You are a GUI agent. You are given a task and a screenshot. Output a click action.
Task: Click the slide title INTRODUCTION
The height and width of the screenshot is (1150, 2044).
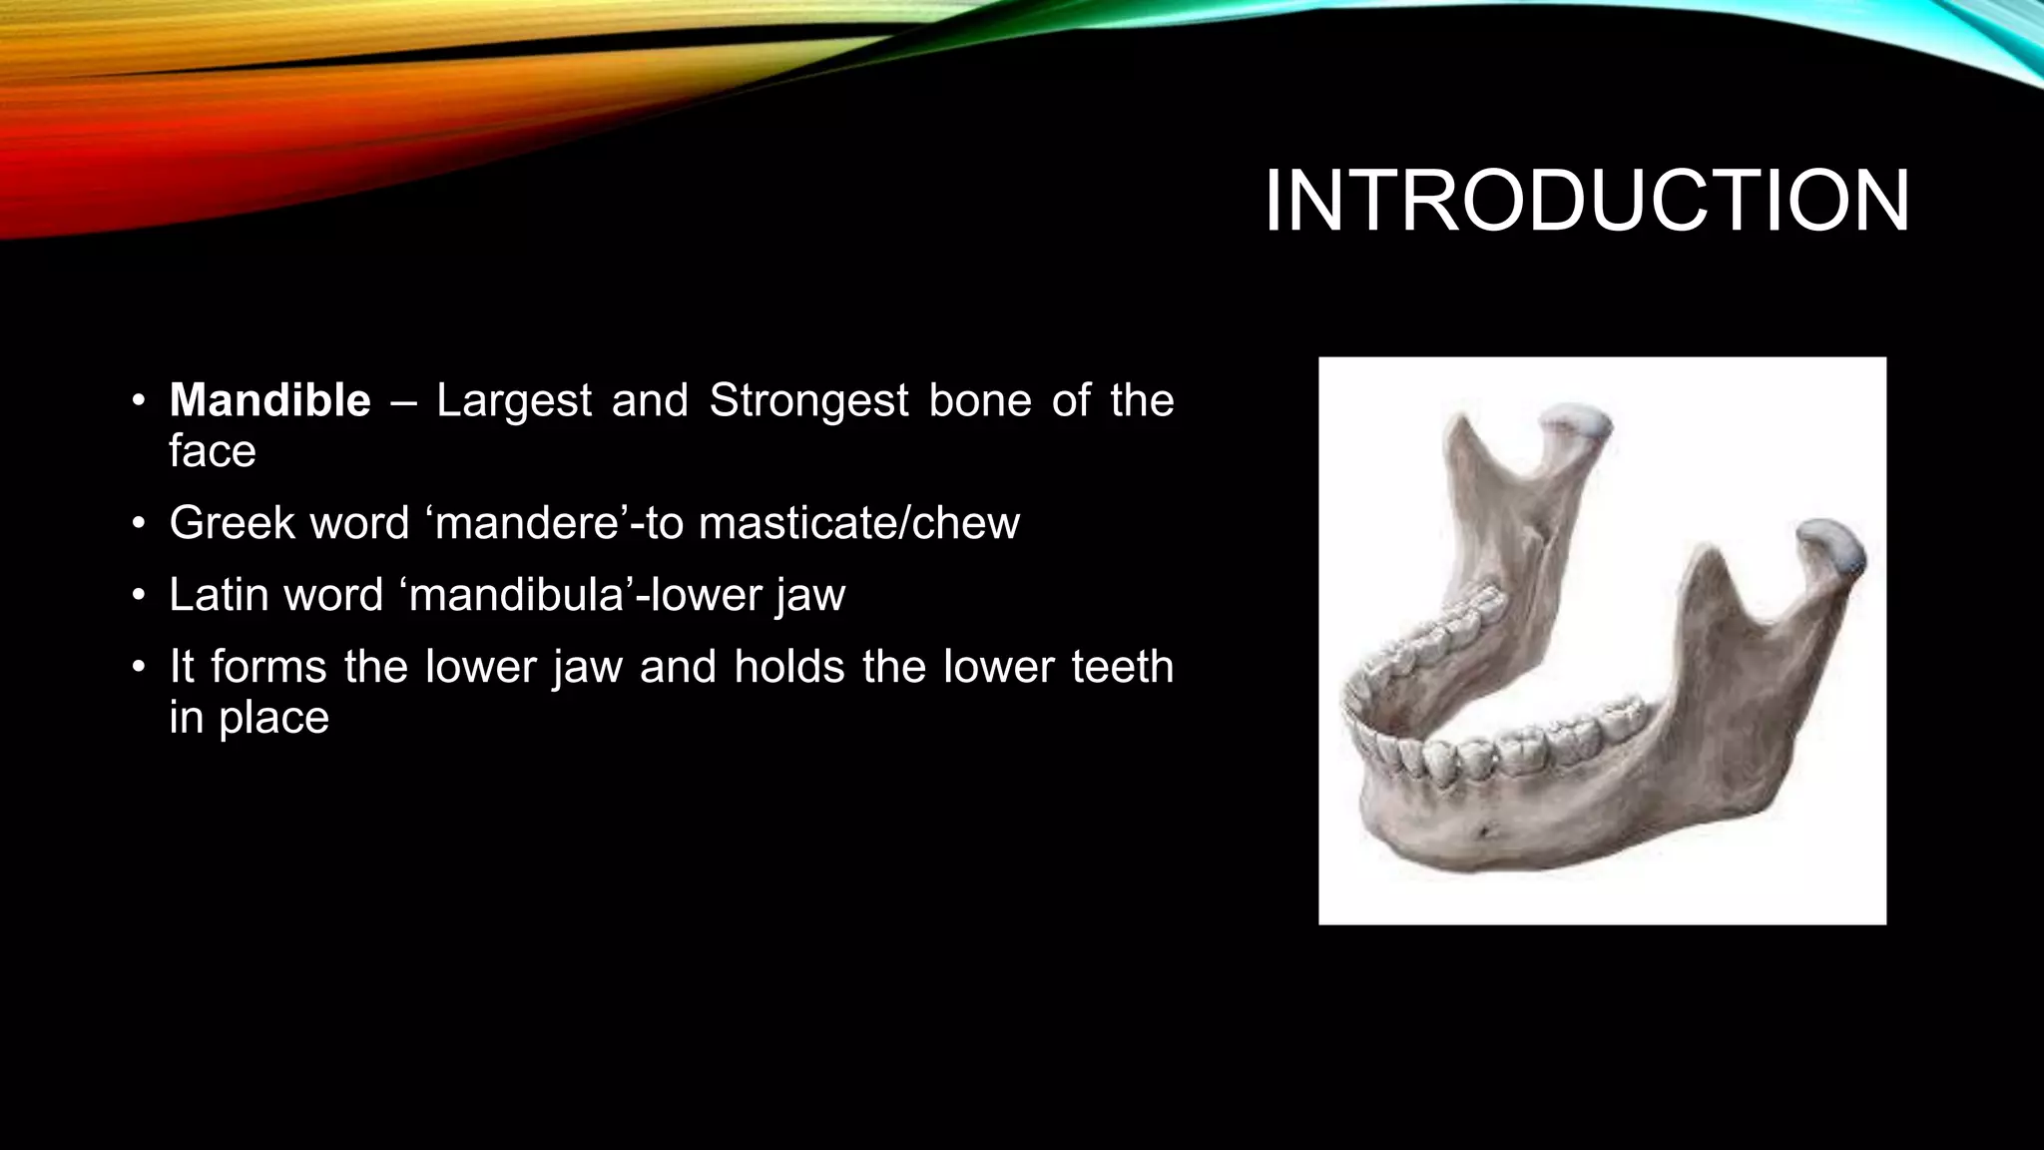tap(1586, 202)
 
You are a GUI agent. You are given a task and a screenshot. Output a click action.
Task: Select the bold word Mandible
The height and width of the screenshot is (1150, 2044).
tap(269, 401)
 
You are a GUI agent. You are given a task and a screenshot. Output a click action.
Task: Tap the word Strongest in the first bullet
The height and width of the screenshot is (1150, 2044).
tap(808, 401)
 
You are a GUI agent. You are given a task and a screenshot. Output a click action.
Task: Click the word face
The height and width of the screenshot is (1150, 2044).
tap(212, 451)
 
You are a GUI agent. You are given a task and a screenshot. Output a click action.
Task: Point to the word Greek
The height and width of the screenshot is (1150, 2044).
tap(232, 523)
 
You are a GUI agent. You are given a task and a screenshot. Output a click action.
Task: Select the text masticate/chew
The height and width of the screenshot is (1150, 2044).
tap(858, 523)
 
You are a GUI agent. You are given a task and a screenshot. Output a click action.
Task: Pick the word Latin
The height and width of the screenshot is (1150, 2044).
tap(221, 595)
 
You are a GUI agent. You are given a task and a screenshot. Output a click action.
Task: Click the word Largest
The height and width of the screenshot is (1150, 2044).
tap(513, 401)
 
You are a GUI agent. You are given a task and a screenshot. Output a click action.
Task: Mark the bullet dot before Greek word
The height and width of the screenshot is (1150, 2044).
tap(140, 524)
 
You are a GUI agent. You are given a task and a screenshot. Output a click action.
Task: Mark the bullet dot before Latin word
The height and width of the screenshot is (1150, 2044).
tap(140, 596)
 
